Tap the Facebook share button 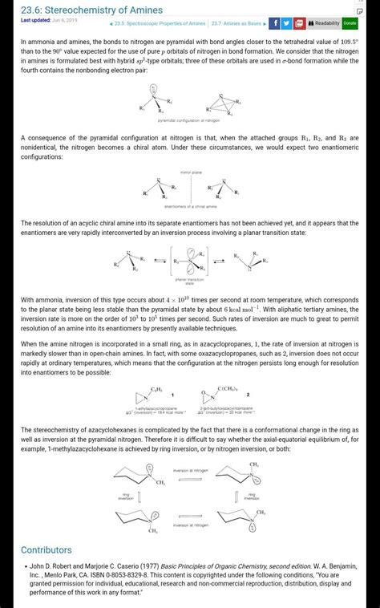(x=274, y=23)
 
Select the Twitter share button (x=286, y=23)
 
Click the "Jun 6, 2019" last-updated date (x=66, y=19)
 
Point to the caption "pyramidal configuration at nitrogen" (x=189, y=120)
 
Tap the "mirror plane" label (x=191, y=172)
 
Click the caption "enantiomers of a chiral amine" (x=189, y=206)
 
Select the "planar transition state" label (x=190, y=281)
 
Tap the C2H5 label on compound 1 (x=156, y=388)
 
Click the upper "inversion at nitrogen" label (x=191, y=470)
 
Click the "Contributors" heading (x=46, y=550)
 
